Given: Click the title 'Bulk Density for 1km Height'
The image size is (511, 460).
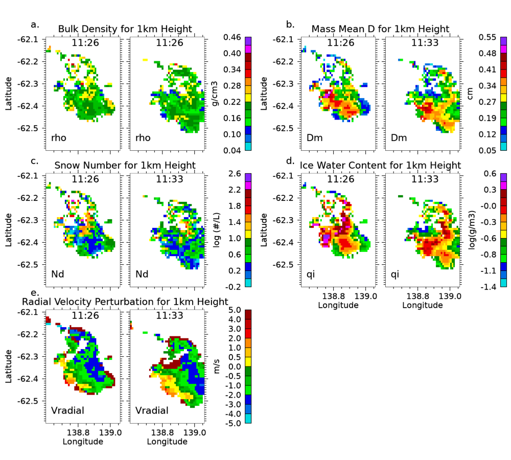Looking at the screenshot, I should click(x=125, y=29).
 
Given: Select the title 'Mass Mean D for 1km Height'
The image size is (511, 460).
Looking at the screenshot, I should click(x=381, y=29).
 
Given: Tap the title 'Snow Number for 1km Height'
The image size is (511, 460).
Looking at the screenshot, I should click(x=125, y=165).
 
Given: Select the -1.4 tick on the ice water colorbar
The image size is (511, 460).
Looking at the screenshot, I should click(x=487, y=287).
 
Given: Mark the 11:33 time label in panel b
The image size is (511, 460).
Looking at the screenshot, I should click(x=424, y=43).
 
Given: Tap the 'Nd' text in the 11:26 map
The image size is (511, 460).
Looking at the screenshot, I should click(x=58, y=274).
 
